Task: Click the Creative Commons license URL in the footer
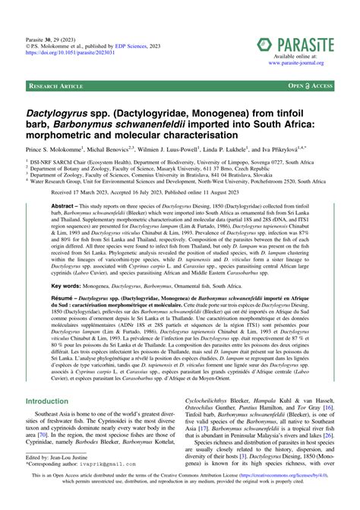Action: pos(292,495)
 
